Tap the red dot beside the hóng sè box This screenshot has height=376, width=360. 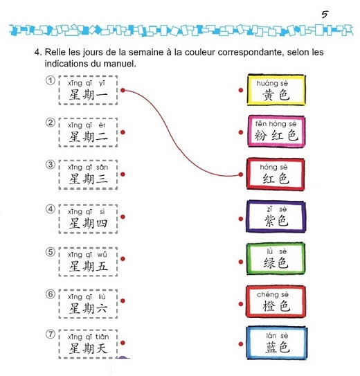click(241, 174)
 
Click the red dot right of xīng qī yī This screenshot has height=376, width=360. click(123, 90)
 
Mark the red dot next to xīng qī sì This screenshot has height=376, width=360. click(123, 217)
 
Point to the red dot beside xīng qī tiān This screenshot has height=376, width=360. click(123, 343)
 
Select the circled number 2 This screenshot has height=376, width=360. click(51, 123)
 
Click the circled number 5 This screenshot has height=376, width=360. click(51, 252)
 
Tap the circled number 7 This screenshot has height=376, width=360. click(51, 334)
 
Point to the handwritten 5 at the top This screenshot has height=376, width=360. click(325, 15)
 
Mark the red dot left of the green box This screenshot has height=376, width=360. click(241, 262)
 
